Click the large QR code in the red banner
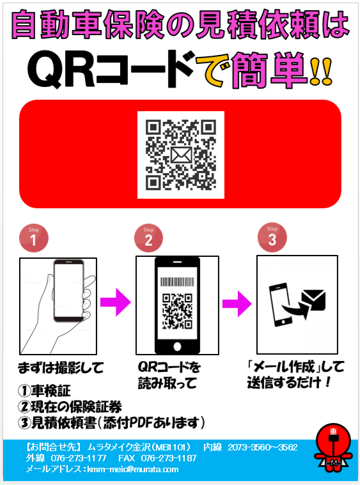pos(181,155)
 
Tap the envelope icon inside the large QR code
pos(181,155)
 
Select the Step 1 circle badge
pos(34,238)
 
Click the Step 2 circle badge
pos(148,238)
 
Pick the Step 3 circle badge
pos(272,237)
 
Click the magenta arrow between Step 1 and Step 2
pos(116,302)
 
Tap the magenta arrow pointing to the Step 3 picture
pos(237,304)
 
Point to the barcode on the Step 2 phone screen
pos(177,281)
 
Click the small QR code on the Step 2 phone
pos(177,311)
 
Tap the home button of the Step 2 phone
pos(177,346)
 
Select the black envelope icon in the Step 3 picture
pos(313,300)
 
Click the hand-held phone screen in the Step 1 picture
pos(68,291)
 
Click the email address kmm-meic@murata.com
pos(133,469)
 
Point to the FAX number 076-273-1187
pos(169,458)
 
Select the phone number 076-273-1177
pos(79,458)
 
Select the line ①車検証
pos(44,390)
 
